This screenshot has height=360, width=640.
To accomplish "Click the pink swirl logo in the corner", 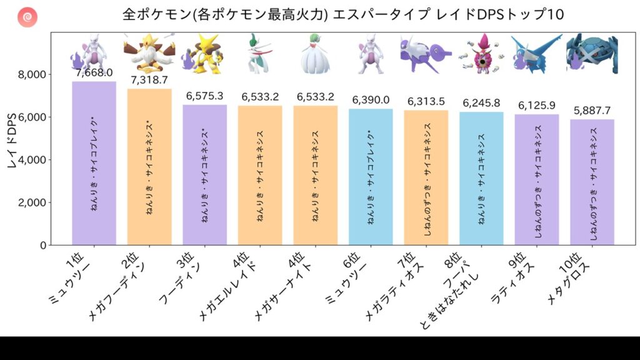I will (x=27, y=17).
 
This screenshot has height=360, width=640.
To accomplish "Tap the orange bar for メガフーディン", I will (x=149, y=167).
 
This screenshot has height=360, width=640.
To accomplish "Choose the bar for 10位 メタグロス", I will (x=592, y=182).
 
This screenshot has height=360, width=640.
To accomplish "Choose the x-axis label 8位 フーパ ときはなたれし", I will (x=450, y=291).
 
